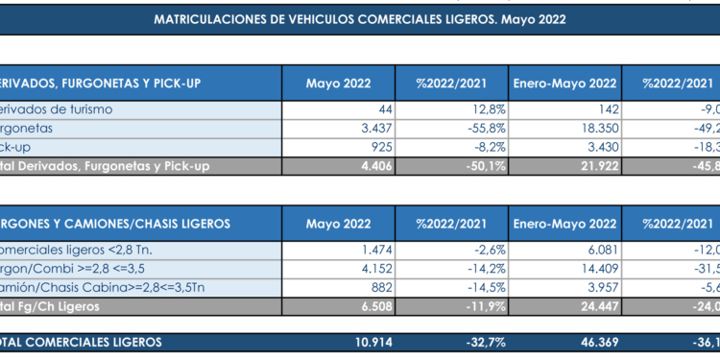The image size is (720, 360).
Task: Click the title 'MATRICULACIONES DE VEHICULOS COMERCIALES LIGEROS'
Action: (x=359, y=19)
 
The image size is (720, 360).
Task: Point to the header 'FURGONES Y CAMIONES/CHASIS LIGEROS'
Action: (x=115, y=223)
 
